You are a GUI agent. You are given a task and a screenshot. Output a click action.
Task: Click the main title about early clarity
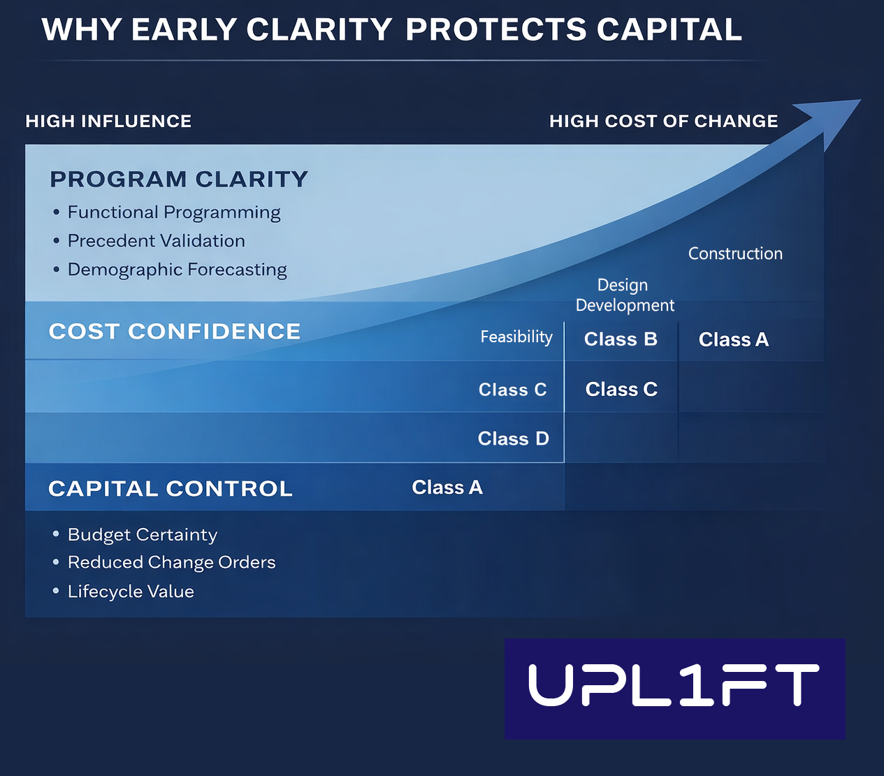click(391, 30)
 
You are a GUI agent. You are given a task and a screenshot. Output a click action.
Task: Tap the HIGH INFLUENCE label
click(108, 122)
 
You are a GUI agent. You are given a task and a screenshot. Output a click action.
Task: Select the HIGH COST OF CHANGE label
click(663, 122)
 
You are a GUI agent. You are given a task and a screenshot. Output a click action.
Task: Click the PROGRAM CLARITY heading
click(179, 180)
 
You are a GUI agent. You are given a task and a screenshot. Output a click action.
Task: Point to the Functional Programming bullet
click(173, 212)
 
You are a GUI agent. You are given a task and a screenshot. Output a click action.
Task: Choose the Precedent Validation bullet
click(156, 241)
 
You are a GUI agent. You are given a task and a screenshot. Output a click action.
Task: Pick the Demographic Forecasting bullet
click(177, 270)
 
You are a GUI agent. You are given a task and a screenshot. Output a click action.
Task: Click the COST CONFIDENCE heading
click(175, 331)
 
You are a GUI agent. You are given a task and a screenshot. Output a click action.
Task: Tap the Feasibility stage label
click(516, 337)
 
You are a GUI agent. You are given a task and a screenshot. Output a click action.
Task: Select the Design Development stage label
click(624, 295)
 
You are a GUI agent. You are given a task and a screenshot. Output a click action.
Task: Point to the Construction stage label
click(735, 254)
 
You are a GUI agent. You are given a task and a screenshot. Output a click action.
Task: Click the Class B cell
click(621, 339)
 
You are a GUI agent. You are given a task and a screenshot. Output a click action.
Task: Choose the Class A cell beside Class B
click(734, 339)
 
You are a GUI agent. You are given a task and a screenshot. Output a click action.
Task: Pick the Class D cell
click(513, 439)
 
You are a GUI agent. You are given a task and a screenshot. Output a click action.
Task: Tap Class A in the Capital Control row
click(447, 488)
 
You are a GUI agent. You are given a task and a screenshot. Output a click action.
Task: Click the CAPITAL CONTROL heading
click(171, 489)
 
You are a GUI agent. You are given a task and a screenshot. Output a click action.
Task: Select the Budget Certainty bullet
click(142, 535)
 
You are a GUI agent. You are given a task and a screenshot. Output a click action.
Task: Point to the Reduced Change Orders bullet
click(171, 562)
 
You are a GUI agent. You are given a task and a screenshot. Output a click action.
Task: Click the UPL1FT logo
click(674, 688)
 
